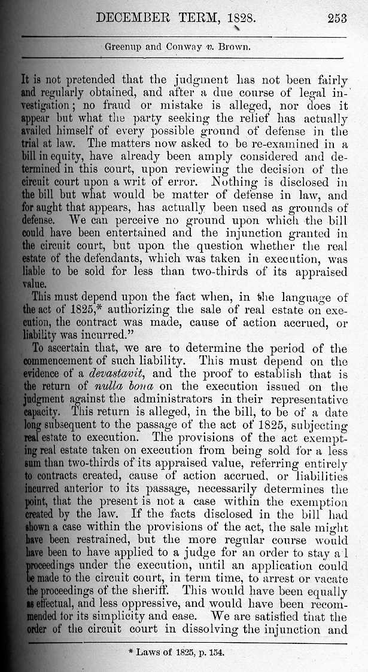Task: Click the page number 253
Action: pos(337,19)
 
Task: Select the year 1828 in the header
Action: pos(242,19)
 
